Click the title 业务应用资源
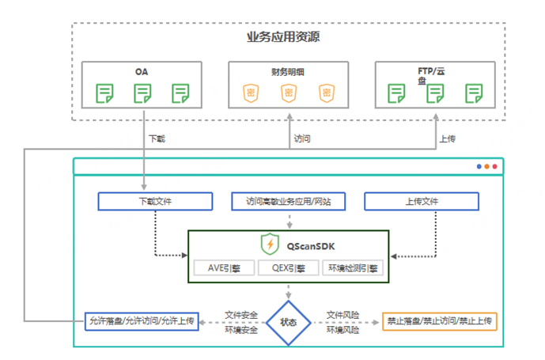[288, 37]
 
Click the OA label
[142, 71]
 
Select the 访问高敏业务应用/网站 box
[288, 201]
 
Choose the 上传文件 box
[421, 201]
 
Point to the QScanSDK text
[308, 245]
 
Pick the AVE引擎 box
[223, 268]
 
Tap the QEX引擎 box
[288, 268]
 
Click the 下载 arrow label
[157, 138]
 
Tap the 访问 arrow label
[302, 138]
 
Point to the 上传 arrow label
[447, 138]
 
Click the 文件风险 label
[343, 315]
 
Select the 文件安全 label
[240, 315]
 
